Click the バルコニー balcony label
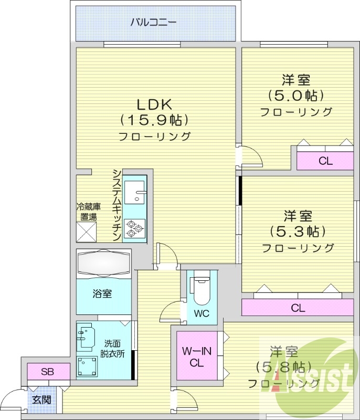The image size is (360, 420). click(x=153, y=23)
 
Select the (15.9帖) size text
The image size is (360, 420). click(x=154, y=120)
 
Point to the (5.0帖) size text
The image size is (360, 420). click(x=296, y=96)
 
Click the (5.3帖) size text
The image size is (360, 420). click(x=298, y=231)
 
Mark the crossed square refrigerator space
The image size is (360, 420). click(x=87, y=232)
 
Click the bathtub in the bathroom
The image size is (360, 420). click(x=103, y=262)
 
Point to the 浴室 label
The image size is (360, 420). click(x=103, y=293)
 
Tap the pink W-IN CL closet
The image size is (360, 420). click(x=196, y=356)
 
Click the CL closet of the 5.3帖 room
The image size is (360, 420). click(x=298, y=308)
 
